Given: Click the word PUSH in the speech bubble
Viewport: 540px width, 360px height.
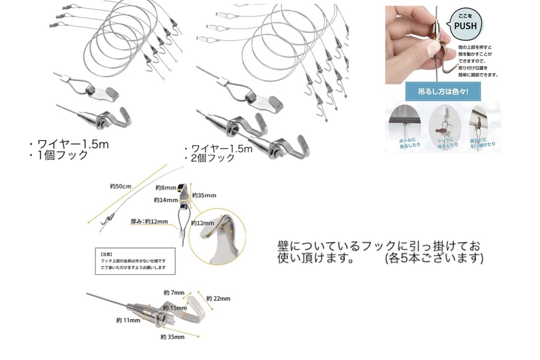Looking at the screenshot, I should point(465,26).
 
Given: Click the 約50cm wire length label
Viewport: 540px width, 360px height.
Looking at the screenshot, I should point(121,186).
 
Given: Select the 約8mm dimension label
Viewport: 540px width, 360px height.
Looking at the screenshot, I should point(165,188).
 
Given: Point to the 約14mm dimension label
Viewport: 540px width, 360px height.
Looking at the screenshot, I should point(166,200).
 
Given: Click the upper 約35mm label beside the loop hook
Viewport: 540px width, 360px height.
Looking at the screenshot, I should point(204,195).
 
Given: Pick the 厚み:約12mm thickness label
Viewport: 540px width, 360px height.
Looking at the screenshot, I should point(149,222).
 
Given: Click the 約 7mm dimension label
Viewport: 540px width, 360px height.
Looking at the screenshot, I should point(174,293).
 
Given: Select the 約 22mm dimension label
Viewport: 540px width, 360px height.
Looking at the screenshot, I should point(218,298).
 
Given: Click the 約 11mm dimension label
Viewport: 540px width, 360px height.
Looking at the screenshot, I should point(128,320).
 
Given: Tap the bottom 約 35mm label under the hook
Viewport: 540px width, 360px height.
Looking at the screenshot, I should point(172,337).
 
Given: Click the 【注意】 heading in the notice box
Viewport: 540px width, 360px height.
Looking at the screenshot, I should point(106,254).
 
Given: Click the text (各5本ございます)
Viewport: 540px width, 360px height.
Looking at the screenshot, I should point(434,258).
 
